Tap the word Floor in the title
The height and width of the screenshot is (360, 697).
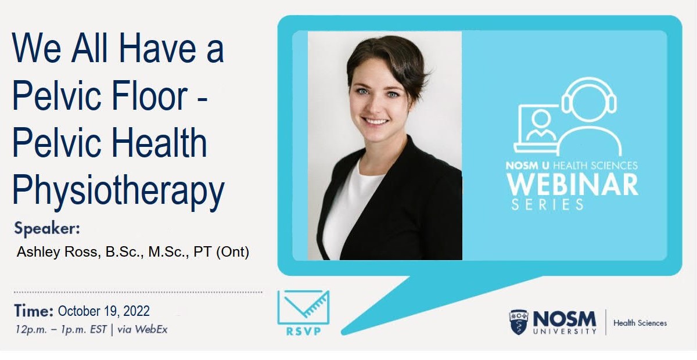[150, 95]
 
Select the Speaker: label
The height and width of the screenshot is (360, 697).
[47, 229]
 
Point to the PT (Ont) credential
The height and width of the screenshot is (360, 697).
[221, 252]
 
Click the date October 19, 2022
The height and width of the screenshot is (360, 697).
[103, 311]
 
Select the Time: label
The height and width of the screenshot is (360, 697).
[34, 311]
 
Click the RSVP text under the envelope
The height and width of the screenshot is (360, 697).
[303, 332]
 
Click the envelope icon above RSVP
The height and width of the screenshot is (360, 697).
[303, 307]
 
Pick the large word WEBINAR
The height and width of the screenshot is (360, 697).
[573, 185]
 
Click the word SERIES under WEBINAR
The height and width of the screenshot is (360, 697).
[547, 204]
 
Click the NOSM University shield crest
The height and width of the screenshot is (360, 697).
[519, 322]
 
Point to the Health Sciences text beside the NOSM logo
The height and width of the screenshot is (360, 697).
[640, 323]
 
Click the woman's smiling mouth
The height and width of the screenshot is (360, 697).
[375, 121]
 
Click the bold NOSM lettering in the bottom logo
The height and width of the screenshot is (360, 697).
[565, 319]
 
